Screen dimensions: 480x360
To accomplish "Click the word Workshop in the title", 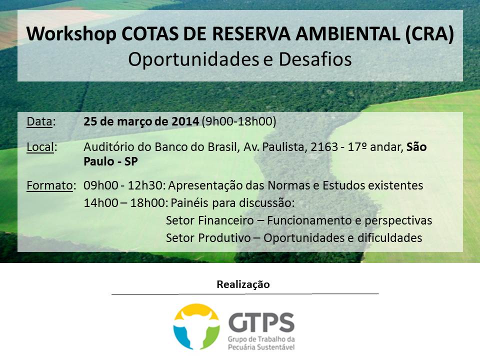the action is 71,34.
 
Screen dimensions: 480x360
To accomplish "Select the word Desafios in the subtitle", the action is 315,59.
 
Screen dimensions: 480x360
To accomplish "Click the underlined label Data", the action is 39,121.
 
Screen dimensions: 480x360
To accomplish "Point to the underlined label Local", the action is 40,147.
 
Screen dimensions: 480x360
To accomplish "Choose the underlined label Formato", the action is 49,185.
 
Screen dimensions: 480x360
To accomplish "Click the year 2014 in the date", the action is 185,121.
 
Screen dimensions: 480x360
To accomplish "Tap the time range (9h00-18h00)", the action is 239,121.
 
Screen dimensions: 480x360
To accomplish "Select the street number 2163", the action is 324,147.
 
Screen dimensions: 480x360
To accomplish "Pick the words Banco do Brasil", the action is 196,147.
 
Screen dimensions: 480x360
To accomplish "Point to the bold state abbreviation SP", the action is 130,161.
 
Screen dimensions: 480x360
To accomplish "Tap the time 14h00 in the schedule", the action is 100,203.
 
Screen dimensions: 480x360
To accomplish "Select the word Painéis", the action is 189,203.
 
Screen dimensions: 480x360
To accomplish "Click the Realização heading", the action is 243,284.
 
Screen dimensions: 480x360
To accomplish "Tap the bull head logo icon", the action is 196,326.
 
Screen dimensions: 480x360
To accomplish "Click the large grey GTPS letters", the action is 261,322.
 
